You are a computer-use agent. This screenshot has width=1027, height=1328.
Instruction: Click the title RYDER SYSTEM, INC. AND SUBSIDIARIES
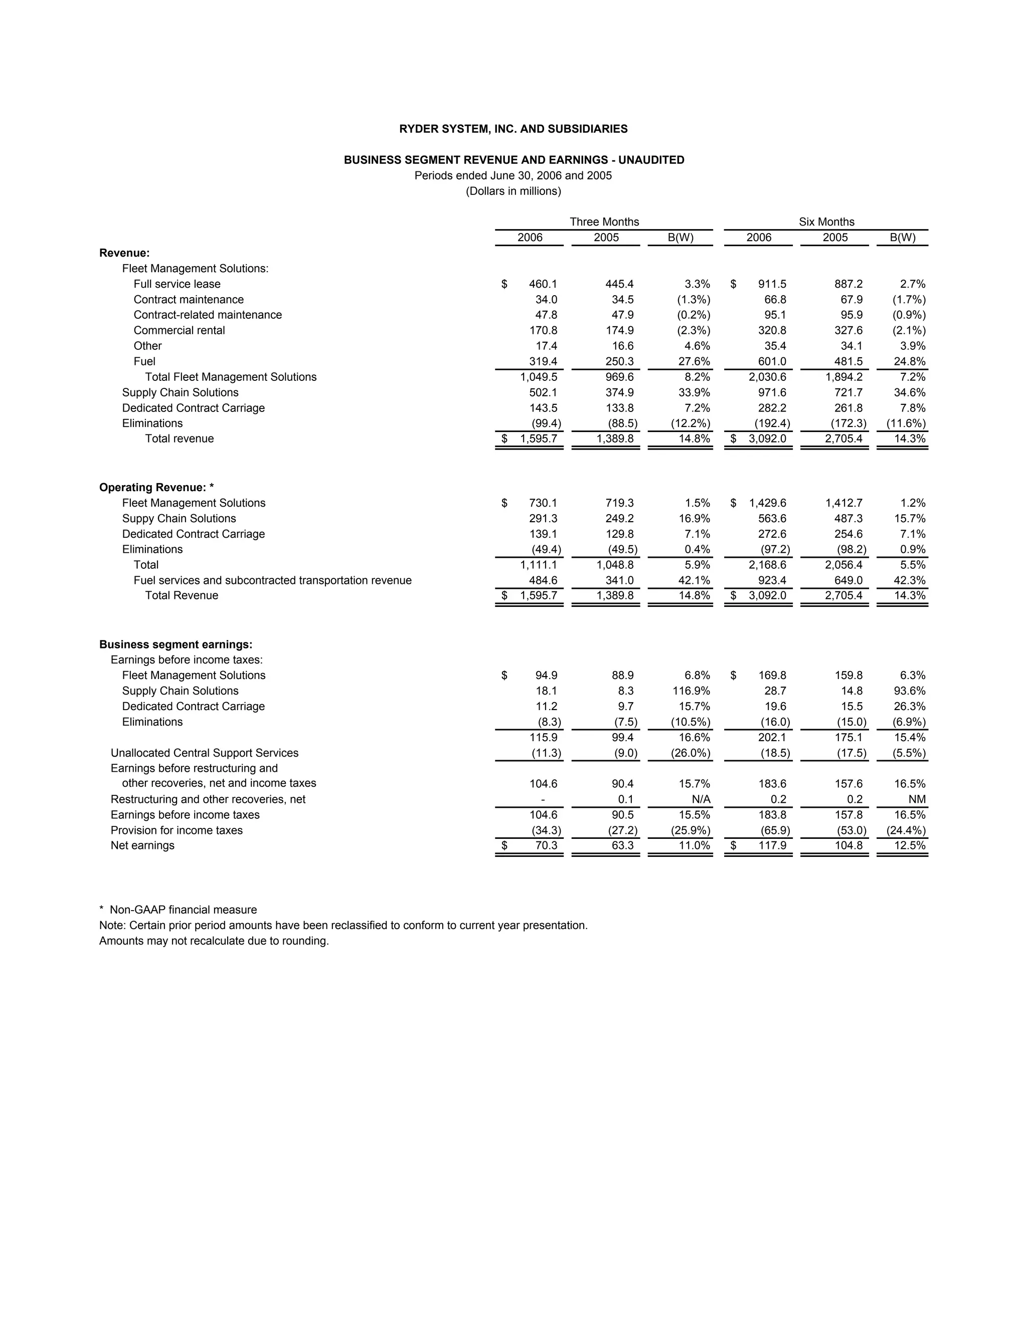pos(513,129)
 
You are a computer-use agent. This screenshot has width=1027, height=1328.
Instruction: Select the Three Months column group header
pos(604,222)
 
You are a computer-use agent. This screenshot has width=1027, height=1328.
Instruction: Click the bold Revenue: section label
pos(124,253)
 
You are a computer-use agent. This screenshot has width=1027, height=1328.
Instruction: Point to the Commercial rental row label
pos(179,330)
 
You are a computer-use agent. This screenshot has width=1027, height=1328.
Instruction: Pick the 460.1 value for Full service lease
pos(543,284)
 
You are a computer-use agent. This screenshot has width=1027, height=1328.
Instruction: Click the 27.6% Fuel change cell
pos(694,361)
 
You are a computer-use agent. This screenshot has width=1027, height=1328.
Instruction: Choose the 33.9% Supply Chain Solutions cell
pos(694,392)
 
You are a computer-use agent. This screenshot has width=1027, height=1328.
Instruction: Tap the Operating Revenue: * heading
pos(156,487)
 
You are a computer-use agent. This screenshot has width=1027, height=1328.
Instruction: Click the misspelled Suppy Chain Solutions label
pos(179,518)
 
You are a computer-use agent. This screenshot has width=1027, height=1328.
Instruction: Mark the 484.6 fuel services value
pos(543,580)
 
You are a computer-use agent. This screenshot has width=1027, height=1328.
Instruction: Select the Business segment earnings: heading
pos(175,644)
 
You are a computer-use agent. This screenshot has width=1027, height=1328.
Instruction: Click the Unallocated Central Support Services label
pos(205,753)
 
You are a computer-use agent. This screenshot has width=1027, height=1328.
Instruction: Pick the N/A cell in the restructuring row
pos(701,799)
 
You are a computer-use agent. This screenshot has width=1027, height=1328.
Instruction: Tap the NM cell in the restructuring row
pos(917,799)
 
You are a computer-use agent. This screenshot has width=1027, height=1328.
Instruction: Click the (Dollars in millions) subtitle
pos(513,191)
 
